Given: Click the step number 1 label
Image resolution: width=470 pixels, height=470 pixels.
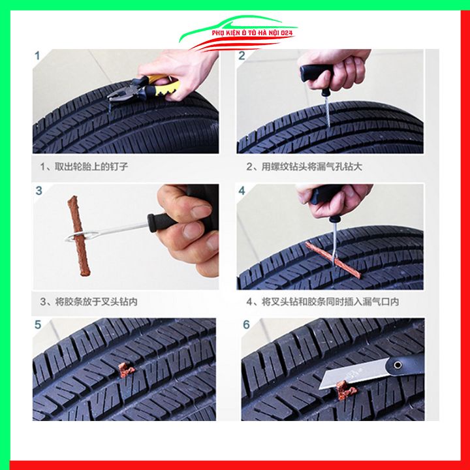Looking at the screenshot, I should (37, 56).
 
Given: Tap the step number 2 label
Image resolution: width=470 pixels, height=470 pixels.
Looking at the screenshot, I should (242, 56).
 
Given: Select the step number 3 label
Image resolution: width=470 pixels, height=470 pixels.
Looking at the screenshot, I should (39, 191).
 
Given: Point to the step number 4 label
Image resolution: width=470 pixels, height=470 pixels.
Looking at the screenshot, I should (242, 191).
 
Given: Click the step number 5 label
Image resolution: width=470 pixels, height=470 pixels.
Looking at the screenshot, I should (38, 324).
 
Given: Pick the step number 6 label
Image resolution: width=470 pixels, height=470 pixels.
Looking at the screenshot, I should (246, 324).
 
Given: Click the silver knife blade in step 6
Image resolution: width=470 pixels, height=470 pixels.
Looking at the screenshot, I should (349, 377).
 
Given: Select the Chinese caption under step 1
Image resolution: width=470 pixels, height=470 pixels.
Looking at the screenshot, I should (84, 167).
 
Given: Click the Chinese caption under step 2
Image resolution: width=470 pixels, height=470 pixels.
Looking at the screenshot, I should (304, 167).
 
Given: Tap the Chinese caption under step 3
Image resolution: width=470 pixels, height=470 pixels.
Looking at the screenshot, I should (89, 302).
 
